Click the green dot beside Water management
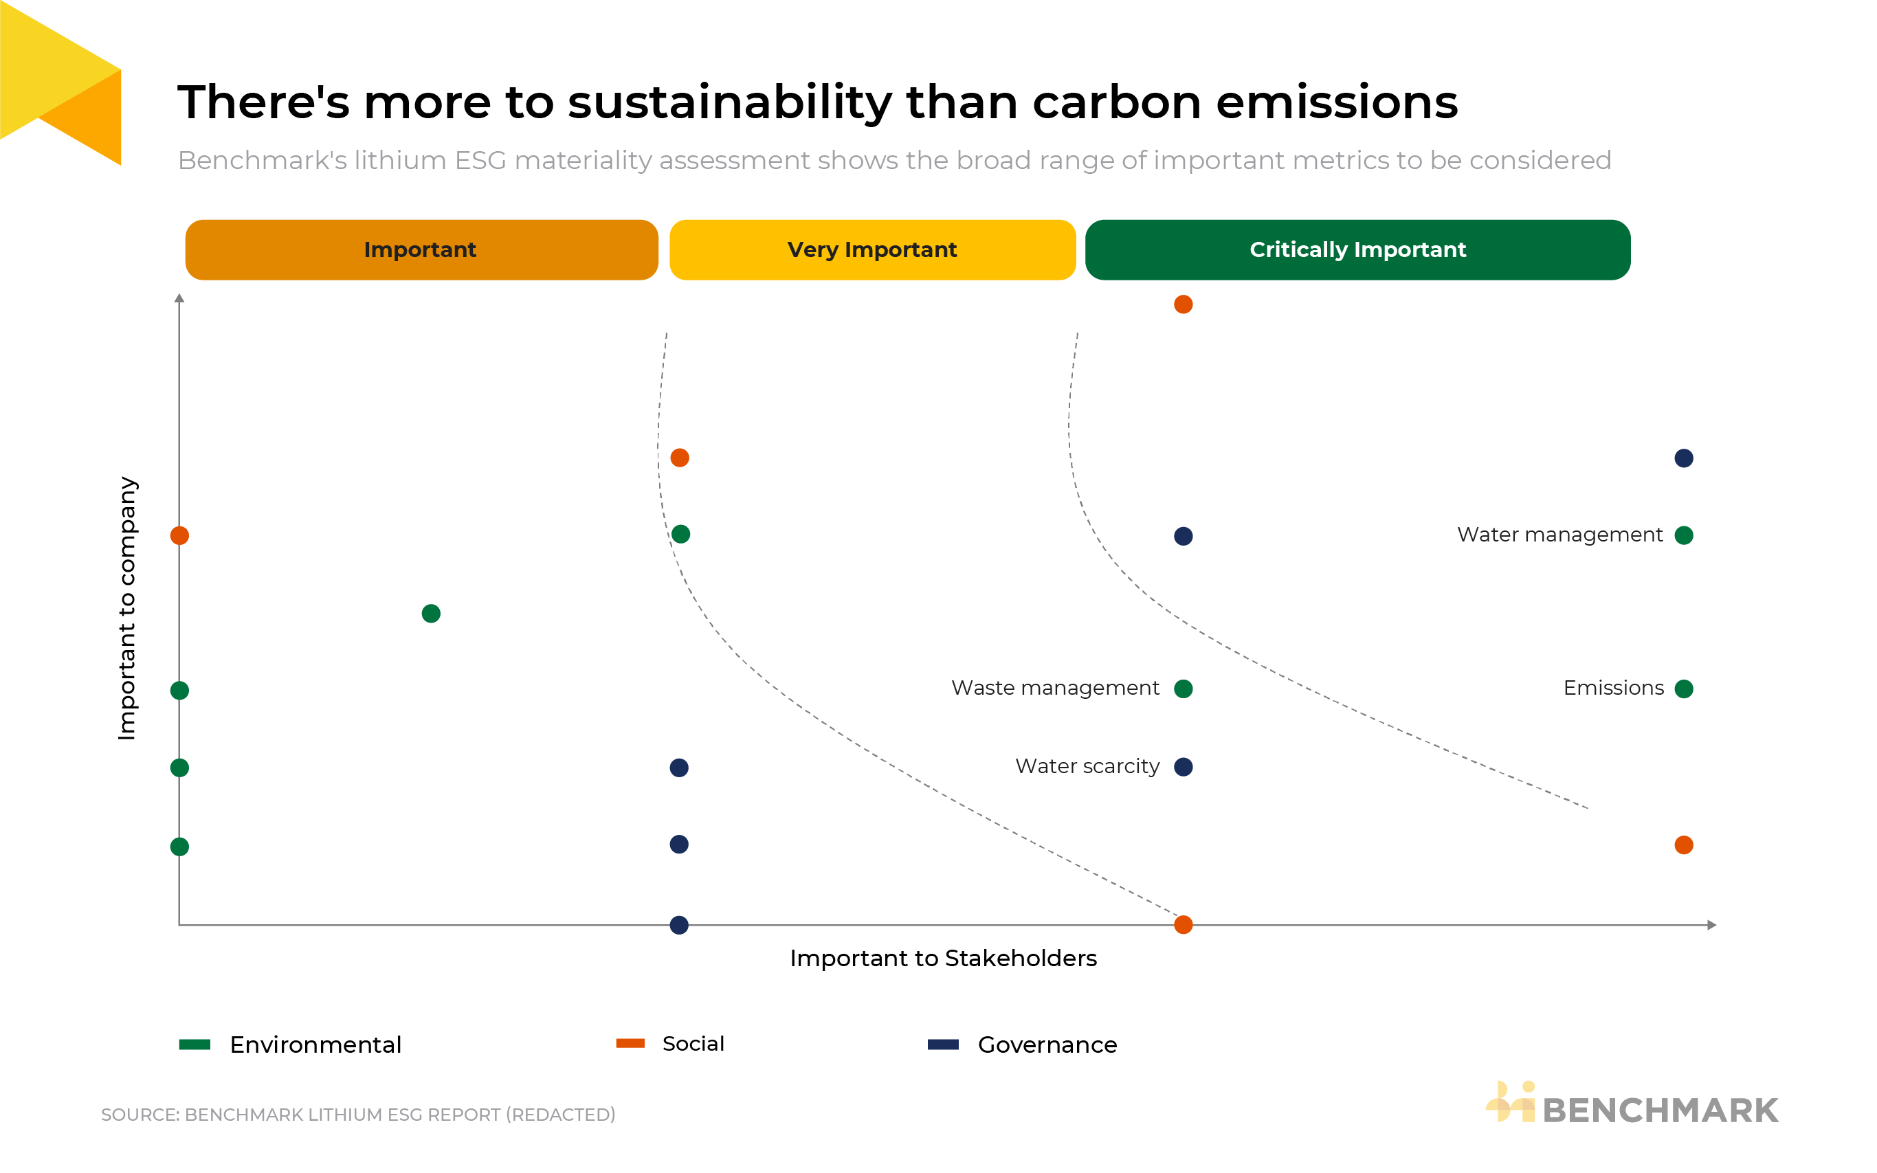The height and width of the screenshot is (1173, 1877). point(1683,535)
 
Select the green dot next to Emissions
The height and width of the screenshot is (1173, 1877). point(1683,689)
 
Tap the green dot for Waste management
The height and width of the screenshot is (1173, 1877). point(1184,689)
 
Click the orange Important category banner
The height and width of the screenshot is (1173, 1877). point(421,250)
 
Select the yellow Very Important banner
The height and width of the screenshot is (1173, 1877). point(872,250)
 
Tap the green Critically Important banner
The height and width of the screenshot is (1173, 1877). point(1357,250)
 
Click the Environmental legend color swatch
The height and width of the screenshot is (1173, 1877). point(195,1044)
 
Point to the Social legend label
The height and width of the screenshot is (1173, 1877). point(693,1043)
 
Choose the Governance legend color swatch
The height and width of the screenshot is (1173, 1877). point(943,1044)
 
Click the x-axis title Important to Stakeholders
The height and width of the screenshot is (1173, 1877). point(943,958)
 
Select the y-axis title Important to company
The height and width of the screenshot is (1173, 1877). point(126,608)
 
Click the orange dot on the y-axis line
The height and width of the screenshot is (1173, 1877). point(179,535)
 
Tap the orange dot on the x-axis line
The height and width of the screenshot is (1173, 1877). point(1184,925)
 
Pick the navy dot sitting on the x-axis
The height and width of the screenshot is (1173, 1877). point(679,925)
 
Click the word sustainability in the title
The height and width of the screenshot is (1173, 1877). point(730,102)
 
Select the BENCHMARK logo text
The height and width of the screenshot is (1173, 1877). point(1660,1110)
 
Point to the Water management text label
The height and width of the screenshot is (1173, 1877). point(1559,535)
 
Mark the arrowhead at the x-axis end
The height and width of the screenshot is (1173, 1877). point(1712,925)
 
